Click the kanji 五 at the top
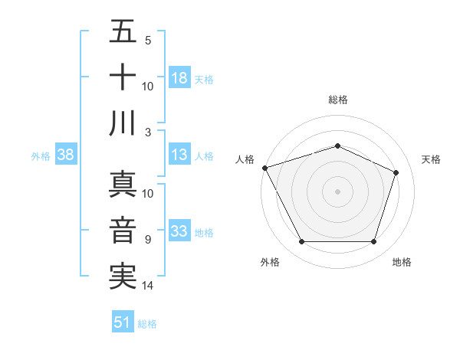123,32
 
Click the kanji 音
123,231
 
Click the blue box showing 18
179,77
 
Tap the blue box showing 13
179,155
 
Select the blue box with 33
179,231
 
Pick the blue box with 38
66,155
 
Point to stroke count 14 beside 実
149,286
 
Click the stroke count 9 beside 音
148,240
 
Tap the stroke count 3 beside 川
148,132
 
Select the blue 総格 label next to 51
147,323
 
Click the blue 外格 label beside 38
41,156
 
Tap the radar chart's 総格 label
337,100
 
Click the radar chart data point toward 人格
264,168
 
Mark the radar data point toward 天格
396,172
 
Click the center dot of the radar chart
337,191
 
